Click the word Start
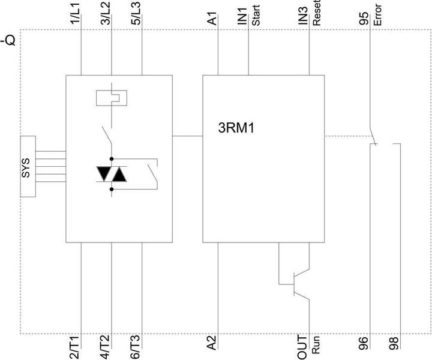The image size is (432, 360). pos(256,17)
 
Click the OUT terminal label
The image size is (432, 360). pos(303,344)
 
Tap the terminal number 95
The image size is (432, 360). pos(364,18)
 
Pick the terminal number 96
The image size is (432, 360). pos(364,343)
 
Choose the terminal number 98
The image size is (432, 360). pos(394,343)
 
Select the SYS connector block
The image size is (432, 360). pos(26,166)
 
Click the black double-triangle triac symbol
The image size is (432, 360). pos(112,174)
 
